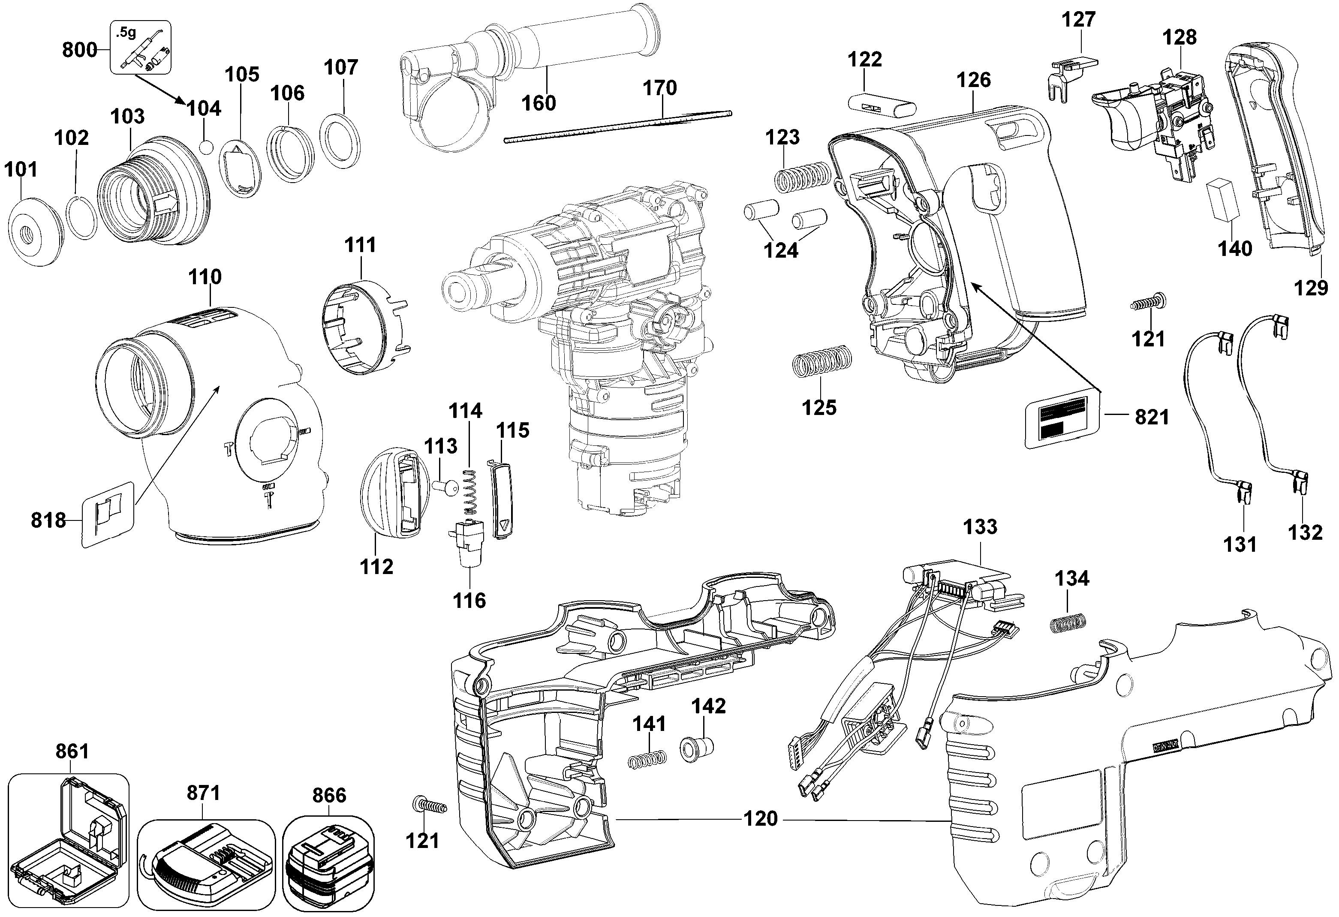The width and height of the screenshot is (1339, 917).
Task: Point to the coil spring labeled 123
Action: pos(801,176)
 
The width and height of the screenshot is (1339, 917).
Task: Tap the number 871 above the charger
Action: pos(203,793)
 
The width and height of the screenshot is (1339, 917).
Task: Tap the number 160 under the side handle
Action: pos(539,103)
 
